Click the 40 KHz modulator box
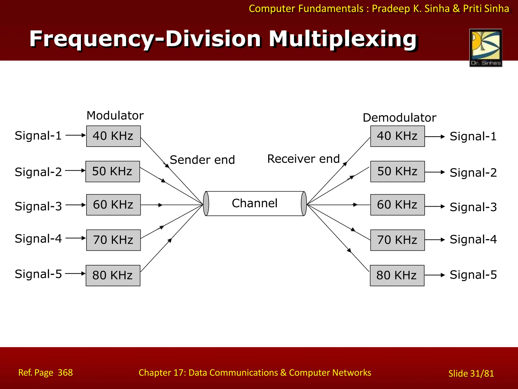tap(113, 136)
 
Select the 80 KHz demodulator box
tap(397, 275)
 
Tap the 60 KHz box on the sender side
tap(113, 205)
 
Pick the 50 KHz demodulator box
tap(397, 171)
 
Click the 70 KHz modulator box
tap(113, 240)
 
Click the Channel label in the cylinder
tap(255, 203)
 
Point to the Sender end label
tap(202, 160)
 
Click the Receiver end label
tap(303, 159)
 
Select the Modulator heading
tap(115, 115)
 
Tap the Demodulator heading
tap(399, 118)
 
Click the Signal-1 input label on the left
tap(38, 135)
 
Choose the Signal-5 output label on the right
tap(473, 275)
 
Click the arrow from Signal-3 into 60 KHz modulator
tap(76, 205)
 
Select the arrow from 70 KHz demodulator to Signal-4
tap(435, 240)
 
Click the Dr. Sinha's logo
tap(486, 48)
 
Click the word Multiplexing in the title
tap(342, 39)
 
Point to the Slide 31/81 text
tap(471, 373)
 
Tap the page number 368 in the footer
tap(65, 373)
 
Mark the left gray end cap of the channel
tap(206, 204)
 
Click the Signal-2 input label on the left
tap(38, 172)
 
